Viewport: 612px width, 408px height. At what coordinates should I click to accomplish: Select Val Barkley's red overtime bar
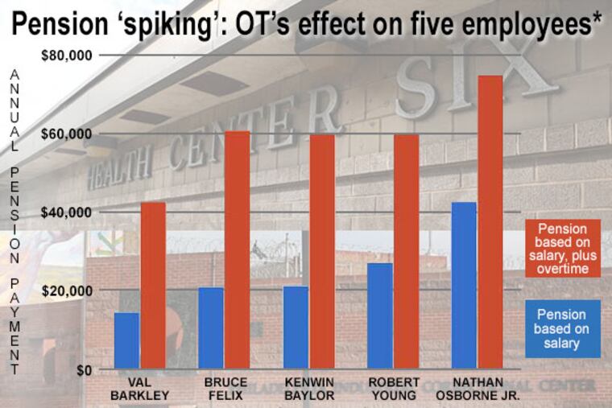[x=153, y=286]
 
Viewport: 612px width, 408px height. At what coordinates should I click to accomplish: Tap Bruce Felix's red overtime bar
[x=237, y=249]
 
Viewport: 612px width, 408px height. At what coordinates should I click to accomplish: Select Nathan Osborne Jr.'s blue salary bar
[x=464, y=286]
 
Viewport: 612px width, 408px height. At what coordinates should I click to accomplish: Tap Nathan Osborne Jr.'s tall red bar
[x=490, y=222]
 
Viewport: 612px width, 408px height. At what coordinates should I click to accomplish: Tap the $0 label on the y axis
[x=84, y=370]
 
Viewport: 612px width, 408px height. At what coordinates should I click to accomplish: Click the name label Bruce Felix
[x=225, y=388]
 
